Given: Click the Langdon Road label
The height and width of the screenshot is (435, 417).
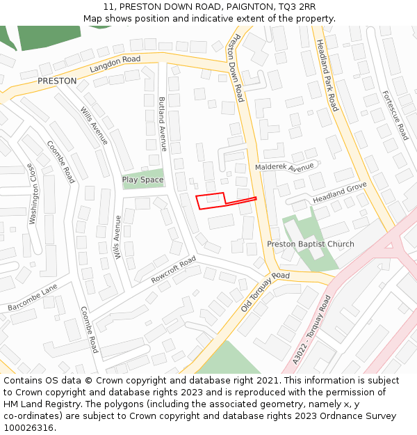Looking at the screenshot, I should tap(115, 65).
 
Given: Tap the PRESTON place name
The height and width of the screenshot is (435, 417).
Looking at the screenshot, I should tap(57, 81).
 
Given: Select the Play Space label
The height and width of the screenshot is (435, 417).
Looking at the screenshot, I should tap(143, 180).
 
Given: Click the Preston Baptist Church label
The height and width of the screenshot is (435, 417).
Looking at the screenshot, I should tap(311, 244).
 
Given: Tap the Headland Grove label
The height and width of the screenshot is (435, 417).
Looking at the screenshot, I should tap(339, 193).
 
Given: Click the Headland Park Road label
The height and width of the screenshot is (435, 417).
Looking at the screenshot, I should tap(327, 75).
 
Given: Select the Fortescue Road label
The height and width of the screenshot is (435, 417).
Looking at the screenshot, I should tap(395, 115).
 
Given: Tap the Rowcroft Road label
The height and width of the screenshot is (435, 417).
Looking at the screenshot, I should tap(174, 269).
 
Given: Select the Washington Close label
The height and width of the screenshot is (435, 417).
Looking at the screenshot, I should tap(31, 193).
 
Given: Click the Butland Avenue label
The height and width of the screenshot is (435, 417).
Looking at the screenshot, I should tap(163, 124).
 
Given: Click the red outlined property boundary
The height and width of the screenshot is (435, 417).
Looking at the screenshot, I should tap(211, 200).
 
